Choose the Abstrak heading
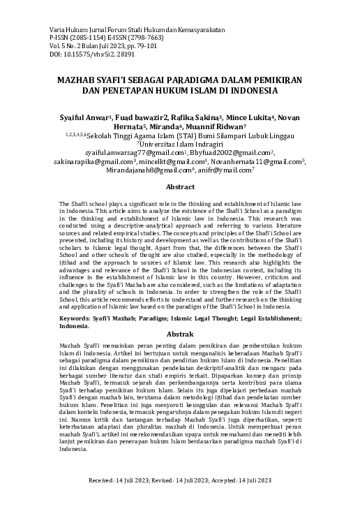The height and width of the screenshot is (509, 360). point(179,334)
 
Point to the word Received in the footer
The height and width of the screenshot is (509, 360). point(105,481)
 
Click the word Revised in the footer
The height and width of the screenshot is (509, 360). point(168,481)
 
